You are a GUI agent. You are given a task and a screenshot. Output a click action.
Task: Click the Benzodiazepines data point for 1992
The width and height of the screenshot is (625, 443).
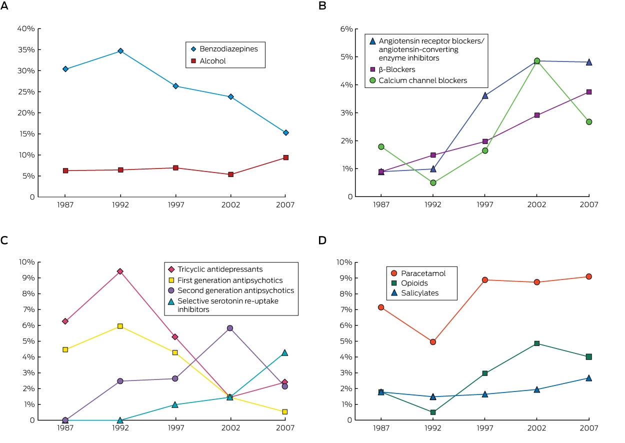point(120,51)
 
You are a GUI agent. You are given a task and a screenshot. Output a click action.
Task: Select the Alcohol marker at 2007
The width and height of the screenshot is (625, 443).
point(285,157)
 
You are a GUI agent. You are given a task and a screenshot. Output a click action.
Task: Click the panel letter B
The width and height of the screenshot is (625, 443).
point(322,5)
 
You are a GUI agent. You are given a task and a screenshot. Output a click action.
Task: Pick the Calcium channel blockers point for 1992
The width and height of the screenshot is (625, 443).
point(433,182)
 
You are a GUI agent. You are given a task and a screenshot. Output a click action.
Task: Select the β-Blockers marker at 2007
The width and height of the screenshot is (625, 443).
point(588,92)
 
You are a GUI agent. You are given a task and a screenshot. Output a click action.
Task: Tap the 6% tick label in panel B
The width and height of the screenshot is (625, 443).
point(346,29)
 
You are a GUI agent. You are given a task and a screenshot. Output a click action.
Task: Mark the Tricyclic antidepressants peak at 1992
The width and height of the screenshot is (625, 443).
point(120,271)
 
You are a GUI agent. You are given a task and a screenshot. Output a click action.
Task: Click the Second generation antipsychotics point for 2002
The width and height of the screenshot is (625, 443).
point(230,328)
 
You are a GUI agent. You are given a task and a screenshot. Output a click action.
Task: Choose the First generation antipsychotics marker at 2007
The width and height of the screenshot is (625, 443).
point(285,412)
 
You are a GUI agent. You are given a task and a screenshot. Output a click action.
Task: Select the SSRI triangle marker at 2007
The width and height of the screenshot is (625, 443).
point(285,353)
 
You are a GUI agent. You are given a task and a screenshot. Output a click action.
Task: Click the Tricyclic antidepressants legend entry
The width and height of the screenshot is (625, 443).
point(215,269)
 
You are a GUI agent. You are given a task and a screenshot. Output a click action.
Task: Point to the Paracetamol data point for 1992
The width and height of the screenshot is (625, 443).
point(433,341)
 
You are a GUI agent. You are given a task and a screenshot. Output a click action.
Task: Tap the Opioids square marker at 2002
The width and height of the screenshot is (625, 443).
point(537,343)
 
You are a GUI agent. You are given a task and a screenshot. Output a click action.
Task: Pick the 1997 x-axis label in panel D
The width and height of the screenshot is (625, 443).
point(485,427)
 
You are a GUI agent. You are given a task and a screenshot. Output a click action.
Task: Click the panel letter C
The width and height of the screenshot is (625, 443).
point(4,240)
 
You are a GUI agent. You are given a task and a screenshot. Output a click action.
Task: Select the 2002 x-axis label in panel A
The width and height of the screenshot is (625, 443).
point(230,205)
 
